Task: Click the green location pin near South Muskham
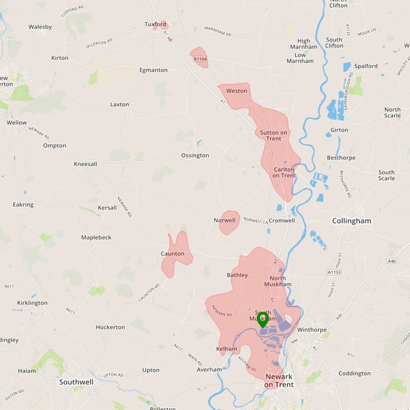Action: [262, 319]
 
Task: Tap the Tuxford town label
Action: [156, 24]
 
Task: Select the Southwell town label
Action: [76, 382]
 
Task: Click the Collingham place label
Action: [351, 221]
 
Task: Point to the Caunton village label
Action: [172, 254]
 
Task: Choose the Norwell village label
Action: [224, 220]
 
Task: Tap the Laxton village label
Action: [119, 104]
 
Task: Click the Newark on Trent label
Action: [279, 380]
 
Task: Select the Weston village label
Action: [237, 91]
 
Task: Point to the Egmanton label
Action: [153, 70]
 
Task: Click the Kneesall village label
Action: [86, 164]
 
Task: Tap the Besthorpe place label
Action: [341, 158]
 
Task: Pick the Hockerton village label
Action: [110, 327]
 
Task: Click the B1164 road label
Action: [200, 59]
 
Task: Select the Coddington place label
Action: [354, 373]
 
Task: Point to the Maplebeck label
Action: [96, 237]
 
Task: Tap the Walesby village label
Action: [40, 26]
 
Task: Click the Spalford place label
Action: [365, 66]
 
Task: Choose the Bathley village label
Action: [237, 274]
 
